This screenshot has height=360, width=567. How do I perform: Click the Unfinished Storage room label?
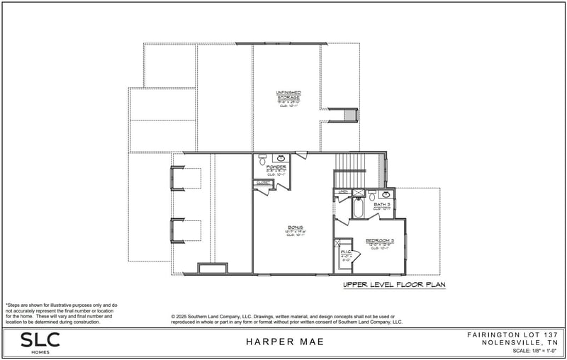pyautogui.click(x=287, y=95)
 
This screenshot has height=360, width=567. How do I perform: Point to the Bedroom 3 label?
pyautogui.click(x=380, y=241)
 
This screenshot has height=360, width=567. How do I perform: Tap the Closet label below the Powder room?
pyautogui.click(x=264, y=182)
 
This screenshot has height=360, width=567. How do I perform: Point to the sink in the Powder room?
pyautogui.click(x=280, y=157)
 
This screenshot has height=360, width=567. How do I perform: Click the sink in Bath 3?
pyautogui.click(x=386, y=194)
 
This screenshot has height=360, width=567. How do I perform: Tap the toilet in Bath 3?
pyautogui.click(x=372, y=196)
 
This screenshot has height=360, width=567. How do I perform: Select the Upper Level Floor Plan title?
pyautogui.click(x=394, y=284)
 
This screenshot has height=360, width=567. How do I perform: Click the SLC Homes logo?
pyautogui.click(x=40, y=342)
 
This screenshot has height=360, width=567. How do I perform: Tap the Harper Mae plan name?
pyautogui.click(x=285, y=342)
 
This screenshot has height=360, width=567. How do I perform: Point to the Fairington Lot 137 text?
pyautogui.click(x=513, y=334)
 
